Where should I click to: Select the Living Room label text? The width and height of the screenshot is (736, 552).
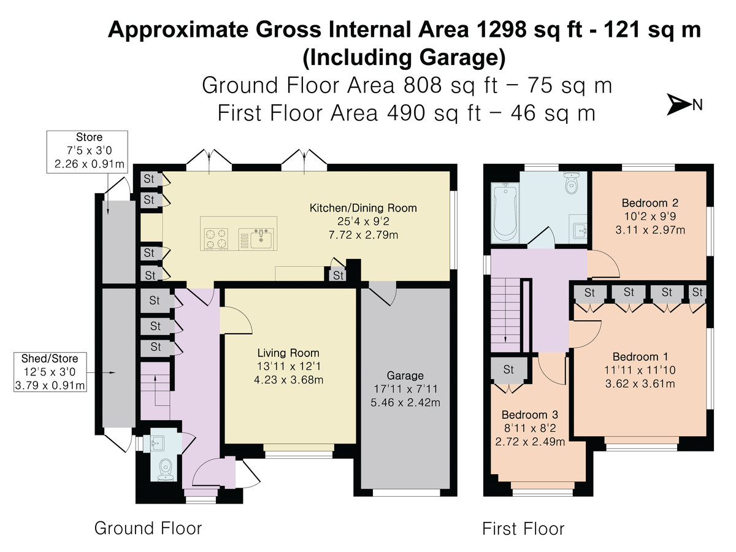tap(288, 353)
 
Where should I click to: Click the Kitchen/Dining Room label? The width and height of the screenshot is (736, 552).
tap(363, 208)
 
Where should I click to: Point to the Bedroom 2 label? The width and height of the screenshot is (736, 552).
tap(650, 203)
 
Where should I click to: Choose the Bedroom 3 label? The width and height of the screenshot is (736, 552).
tap(530, 415)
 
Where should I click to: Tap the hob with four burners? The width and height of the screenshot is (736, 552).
tap(217, 239)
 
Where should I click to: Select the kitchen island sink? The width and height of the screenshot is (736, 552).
tap(261, 238)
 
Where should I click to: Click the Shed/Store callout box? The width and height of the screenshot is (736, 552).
tap(50, 372)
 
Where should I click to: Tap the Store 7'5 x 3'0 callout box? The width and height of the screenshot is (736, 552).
tap(87, 152)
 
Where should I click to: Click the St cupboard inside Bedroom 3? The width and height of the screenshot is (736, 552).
tap(508, 370)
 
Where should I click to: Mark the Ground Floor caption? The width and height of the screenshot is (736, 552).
tap(148, 528)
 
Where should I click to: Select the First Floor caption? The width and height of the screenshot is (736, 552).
tap(523, 529)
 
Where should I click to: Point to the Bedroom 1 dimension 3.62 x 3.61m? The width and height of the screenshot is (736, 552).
tap(640, 383)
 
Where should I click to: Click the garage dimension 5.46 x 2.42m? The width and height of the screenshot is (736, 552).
tap(405, 402)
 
